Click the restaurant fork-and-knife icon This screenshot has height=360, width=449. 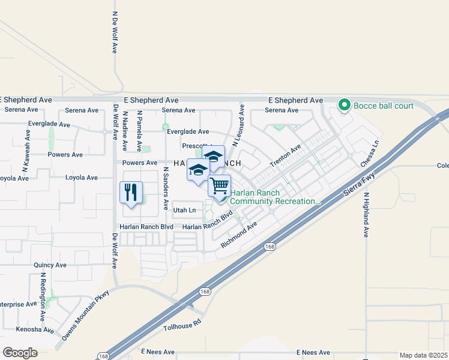click(131, 193)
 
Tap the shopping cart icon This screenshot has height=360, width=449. click(220, 185)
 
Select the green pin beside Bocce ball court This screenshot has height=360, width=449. click(345, 106)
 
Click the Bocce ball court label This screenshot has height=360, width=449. click(384, 106)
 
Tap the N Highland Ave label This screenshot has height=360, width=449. click(366, 215)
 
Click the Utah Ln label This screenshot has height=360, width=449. click(184, 210)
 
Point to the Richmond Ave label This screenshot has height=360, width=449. click(238, 234)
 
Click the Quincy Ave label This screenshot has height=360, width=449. click(50, 265)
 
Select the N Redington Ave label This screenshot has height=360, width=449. click(43, 296)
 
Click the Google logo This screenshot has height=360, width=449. click(20, 352)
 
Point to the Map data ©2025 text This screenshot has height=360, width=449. click(423, 355)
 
